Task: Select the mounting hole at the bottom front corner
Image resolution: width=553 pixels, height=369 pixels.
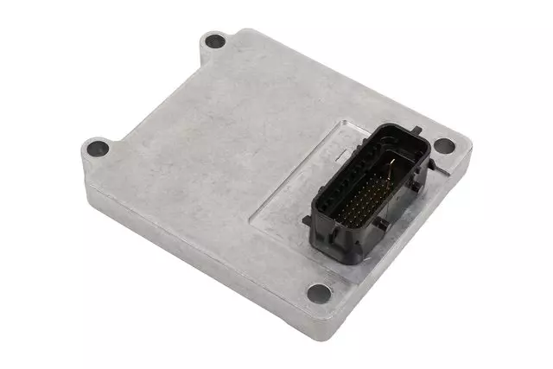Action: (x=319, y=292)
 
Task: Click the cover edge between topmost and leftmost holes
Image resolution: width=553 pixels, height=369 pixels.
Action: (x=147, y=86)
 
